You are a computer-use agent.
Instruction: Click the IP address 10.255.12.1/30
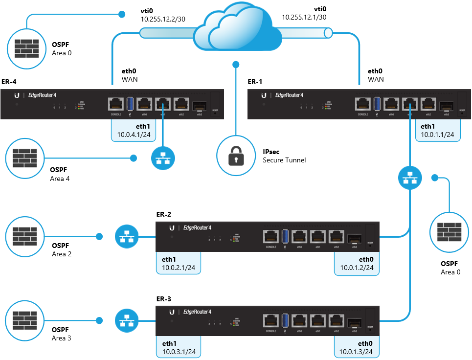(x=304, y=17)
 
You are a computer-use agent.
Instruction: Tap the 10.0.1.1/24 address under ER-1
(x=437, y=135)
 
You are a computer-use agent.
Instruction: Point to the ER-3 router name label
(x=163, y=298)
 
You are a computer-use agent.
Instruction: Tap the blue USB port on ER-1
(x=377, y=104)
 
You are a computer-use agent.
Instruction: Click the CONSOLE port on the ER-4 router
(x=115, y=104)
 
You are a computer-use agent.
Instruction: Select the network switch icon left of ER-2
(x=127, y=236)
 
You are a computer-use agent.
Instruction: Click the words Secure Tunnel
(x=284, y=160)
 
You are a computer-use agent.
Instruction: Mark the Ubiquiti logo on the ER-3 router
(x=172, y=312)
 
